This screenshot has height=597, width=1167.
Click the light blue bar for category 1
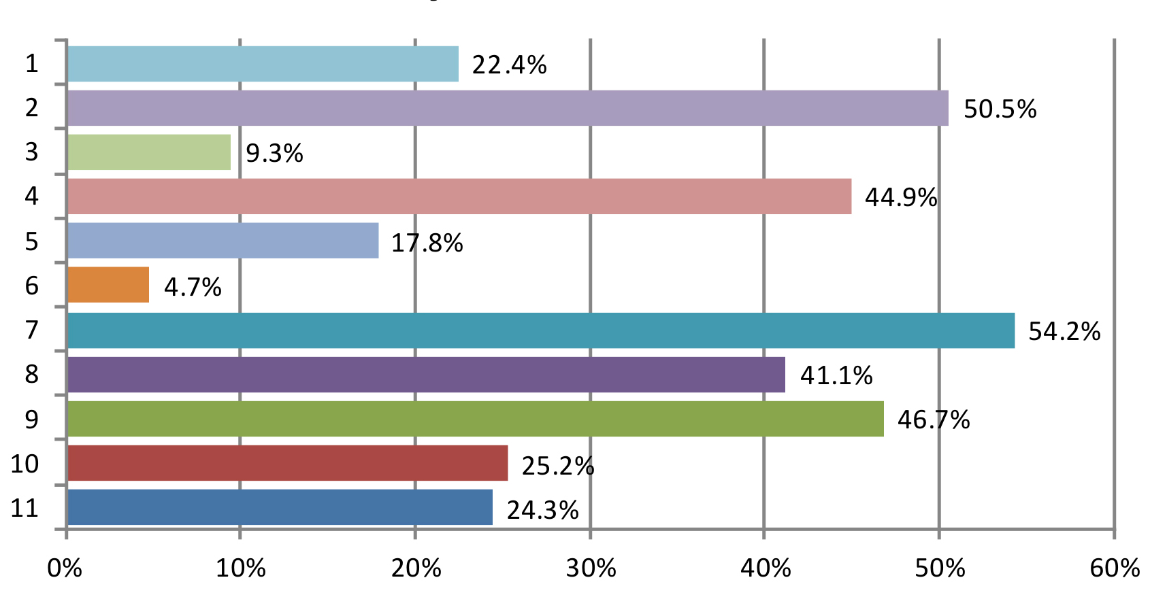[263, 64]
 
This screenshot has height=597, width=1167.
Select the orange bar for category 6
[108, 285]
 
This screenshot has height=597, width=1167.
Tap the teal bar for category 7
[541, 330]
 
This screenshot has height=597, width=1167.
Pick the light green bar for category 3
[149, 152]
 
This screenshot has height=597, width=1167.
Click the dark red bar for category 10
[287, 463]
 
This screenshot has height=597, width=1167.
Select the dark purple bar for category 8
[426, 375]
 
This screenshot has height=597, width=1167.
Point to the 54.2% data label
[1064, 332]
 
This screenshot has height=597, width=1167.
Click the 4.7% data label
[193, 287]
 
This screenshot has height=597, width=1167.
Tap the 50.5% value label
[1000, 109]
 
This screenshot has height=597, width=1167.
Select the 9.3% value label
[274, 154]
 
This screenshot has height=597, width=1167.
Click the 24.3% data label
[542, 510]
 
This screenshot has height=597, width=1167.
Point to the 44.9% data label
[901, 198]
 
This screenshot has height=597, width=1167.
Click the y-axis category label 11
[24, 508]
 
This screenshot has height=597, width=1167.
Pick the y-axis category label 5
[31, 241]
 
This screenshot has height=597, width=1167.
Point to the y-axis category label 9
[31, 420]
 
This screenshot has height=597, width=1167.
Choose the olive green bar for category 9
[476, 419]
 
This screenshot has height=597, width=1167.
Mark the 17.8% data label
[427, 243]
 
